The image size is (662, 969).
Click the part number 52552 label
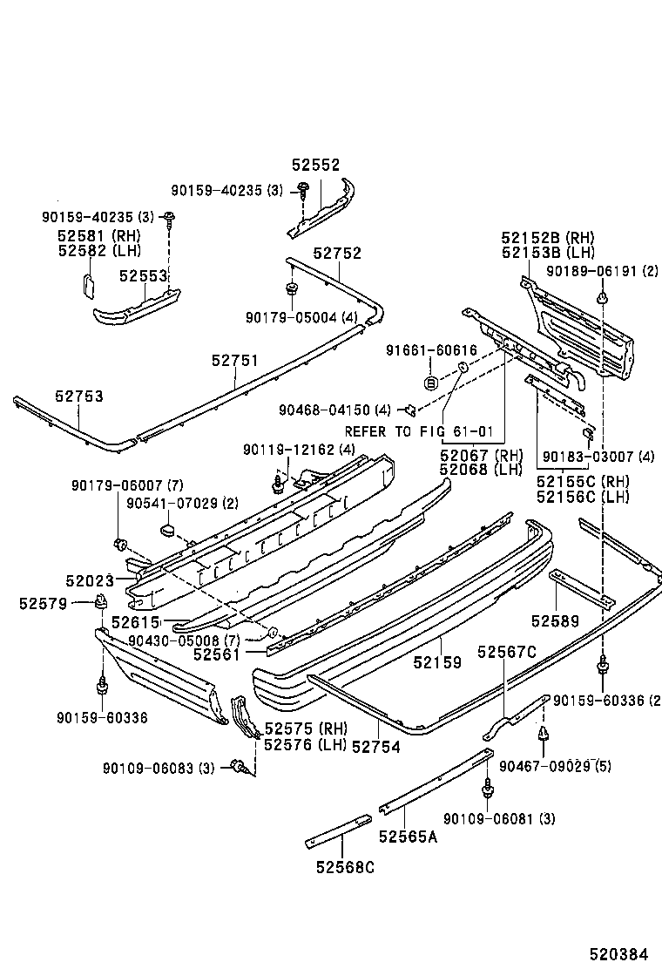[315, 165]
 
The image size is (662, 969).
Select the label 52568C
[345, 867]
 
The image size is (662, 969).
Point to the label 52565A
[408, 837]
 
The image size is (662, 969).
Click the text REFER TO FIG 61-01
[419, 431]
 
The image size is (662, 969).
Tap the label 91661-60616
[431, 350]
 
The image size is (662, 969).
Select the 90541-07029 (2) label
[170, 504]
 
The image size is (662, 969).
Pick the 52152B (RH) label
[547, 237]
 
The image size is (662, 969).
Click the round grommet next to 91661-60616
[430, 383]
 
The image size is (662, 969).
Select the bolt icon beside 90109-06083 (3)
[236, 767]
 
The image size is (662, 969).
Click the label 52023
[89, 579]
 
